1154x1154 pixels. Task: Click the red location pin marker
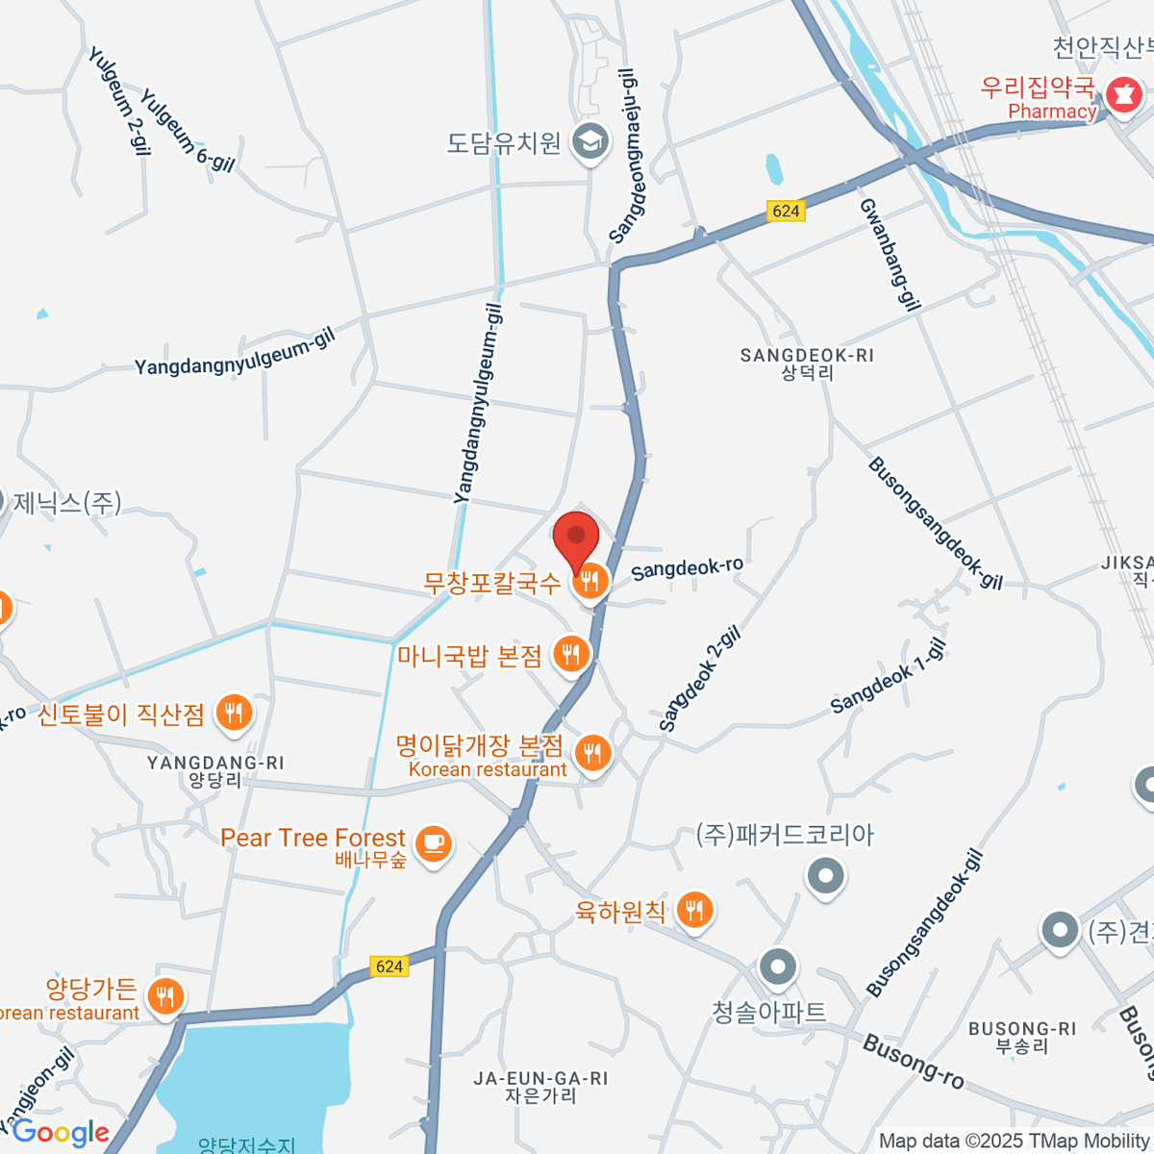[x=576, y=539]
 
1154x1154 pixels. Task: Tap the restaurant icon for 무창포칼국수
[x=590, y=582]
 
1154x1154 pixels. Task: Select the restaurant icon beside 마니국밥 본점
[x=571, y=655]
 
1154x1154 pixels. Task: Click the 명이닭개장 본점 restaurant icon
[x=592, y=753]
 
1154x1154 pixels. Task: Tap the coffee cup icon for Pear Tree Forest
[x=433, y=845]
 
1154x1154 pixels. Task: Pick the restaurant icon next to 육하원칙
[x=694, y=909]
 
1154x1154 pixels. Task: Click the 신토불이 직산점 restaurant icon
[x=234, y=713]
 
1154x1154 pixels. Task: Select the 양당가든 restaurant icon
[x=166, y=996]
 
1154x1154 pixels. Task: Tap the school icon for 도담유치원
[x=590, y=142]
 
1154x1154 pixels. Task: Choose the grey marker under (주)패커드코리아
[x=825, y=876]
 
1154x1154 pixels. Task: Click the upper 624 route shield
[x=786, y=211]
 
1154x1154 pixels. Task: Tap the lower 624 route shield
[x=389, y=966]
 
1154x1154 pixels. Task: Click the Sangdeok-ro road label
[x=687, y=568]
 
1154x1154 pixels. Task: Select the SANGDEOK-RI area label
[x=807, y=356]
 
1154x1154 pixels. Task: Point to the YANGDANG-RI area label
[x=215, y=764]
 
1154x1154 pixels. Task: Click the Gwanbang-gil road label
[x=889, y=255]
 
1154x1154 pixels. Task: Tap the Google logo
[x=61, y=1133]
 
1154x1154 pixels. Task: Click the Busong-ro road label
[x=913, y=1061]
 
